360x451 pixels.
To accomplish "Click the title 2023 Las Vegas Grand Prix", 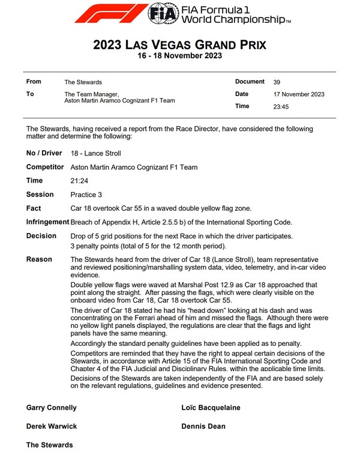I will pyautogui.click(x=180, y=45).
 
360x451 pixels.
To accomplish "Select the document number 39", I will pyautogui.click(x=277, y=82).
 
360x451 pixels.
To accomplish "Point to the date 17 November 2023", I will pyautogui.click(x=298, y=94).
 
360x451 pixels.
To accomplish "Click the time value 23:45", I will pyautogui.click(x=281, y=107).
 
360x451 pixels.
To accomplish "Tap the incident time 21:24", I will pyautogui.click(x=79, y=180).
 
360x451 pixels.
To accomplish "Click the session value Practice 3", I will pyautogui.click(x=88, y=195).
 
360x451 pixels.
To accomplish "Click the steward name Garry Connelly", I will pyautogui.click(x=52, y=408).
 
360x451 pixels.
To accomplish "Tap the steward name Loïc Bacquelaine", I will pyautogui.click(x=211, y=408).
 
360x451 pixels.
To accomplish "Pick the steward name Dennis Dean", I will pyautogui.click(x=203, y=426).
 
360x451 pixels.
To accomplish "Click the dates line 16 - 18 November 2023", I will pyautogui.click(x=180, y=56).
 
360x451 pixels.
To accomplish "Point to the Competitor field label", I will pyautogui.click(x=46, y=167).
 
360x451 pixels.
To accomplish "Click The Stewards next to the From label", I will pyautogui.click(x=83, y=82).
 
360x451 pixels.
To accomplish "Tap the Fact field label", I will pyautogui.click(x=35, y=208).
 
